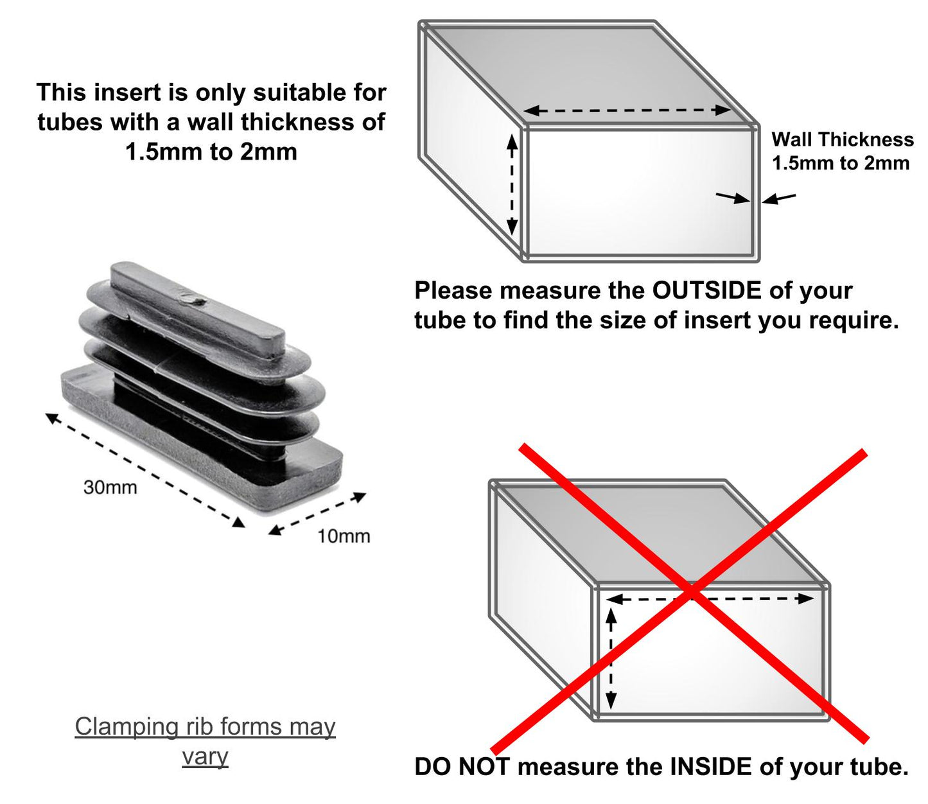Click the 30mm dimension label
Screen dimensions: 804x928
point(110,487)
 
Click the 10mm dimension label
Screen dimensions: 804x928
point(344,536)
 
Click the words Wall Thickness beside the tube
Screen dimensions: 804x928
point(842,139)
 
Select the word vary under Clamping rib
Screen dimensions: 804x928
point(205,756)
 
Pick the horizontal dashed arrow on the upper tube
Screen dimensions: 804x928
point(627,110)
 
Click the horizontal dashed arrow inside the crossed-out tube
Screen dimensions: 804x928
point(710,599)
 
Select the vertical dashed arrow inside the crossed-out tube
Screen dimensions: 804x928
point(611,658)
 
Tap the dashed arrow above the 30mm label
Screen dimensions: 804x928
point(144,470)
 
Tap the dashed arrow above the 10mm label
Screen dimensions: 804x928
point(317,513)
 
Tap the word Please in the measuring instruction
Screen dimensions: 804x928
point(453,290)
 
